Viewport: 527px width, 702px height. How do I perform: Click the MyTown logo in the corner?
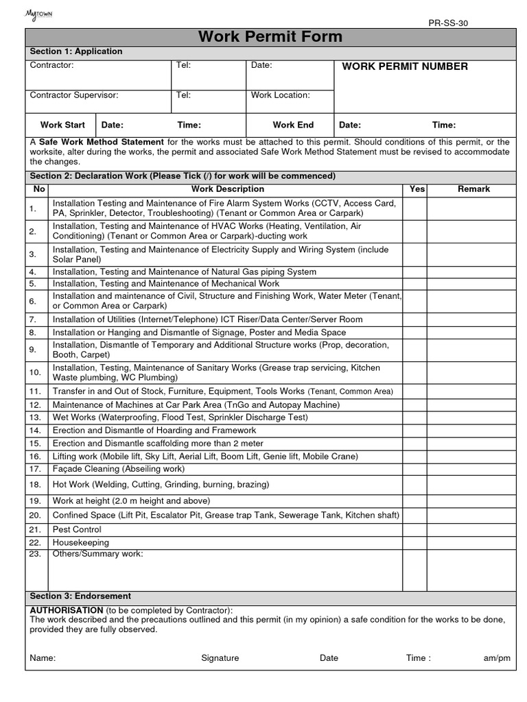click(x=38, y=14)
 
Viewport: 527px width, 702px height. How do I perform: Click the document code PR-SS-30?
click(x=448, y=23)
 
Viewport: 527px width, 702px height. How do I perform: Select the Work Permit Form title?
click(x=270, y=37)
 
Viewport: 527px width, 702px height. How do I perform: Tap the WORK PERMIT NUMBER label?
click(x=405, y=66)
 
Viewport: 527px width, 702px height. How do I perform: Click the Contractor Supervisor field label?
click(x=74, y=95)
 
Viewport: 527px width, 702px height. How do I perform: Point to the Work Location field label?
click(x=280, y=95)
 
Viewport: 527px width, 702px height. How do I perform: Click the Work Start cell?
click(x=62, y=125)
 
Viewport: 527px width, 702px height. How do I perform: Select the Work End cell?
click(x=293, y=125)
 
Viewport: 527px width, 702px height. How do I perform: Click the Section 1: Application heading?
click(x=76, y=51)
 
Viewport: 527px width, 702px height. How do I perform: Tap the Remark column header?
click(x=473, y=189)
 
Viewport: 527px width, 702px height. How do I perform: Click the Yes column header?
click(x=417, y=189)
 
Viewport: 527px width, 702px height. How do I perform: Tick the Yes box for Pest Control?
click(x=414, y=529)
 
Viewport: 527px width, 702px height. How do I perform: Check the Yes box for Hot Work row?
click(x=414, y=484)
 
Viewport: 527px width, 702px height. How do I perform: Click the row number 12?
click(x=36, y=404)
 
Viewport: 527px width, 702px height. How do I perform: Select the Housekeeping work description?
click(x=80, y=542)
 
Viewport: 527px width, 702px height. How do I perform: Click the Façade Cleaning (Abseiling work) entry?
click(x=118, y=469)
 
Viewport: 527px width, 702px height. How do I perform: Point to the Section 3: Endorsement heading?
click(x=80, y=596)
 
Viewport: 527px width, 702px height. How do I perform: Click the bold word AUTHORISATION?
click(x=67, y=610)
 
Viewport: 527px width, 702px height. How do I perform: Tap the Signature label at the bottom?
click(x=220, y=658)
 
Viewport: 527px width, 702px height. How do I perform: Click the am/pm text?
click(x=497, y=658)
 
